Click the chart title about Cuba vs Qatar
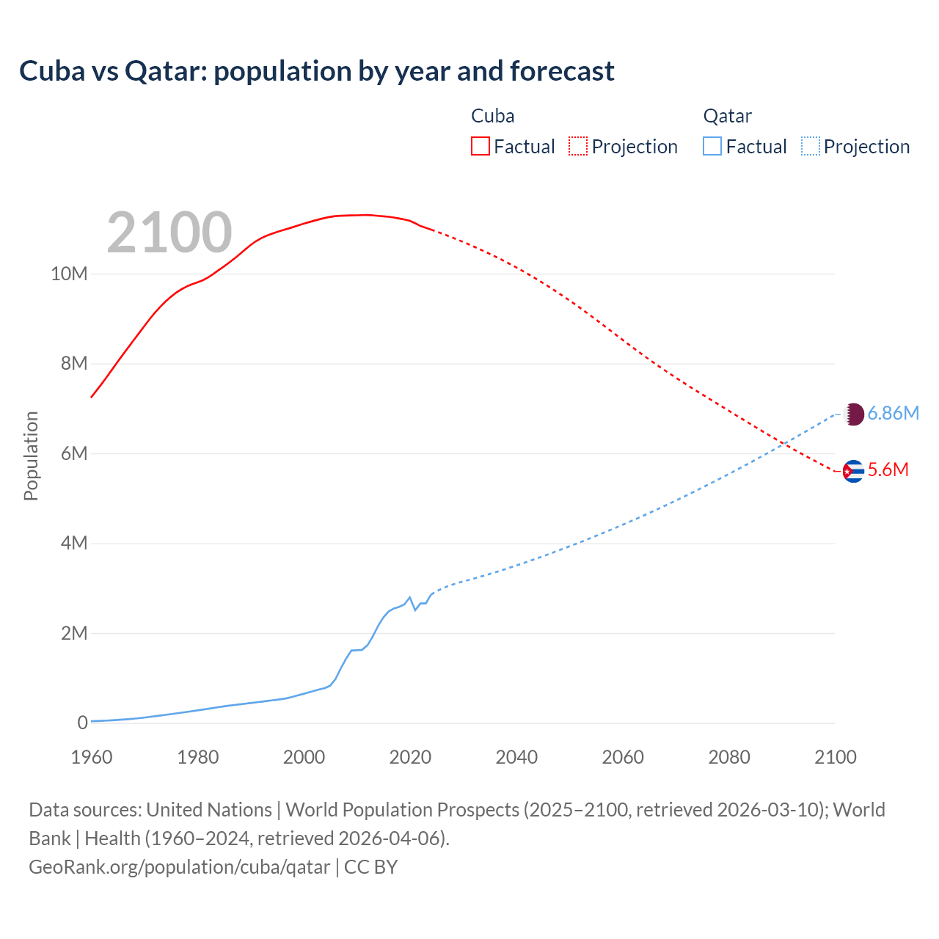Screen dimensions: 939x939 coord(316,71)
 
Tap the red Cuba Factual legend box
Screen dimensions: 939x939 coord(480,146)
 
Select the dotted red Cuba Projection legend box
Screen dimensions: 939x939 coord(578,146)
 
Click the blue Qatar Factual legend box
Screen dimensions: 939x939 coord(712,146)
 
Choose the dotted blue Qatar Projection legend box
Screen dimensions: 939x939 coord(811,146)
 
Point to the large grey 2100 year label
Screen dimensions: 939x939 coord(169,233)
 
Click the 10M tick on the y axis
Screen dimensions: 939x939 coord(69,274)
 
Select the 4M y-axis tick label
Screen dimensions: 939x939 coord(73,543)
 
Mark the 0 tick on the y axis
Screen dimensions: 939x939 coord(82,723)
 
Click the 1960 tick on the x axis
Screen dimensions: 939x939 coord(92,757)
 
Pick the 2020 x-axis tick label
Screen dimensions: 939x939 coord(410,757)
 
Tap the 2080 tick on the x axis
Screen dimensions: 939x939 coord(729,757)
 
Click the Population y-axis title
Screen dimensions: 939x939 coord(31,456)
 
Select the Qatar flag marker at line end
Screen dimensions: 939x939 coord(853,414)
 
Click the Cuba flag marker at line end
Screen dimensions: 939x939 coord(853,471)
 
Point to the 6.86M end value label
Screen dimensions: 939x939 coord(893,414)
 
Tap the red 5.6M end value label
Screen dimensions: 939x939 coord(888,470)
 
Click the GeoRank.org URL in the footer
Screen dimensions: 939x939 coord(180,867)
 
